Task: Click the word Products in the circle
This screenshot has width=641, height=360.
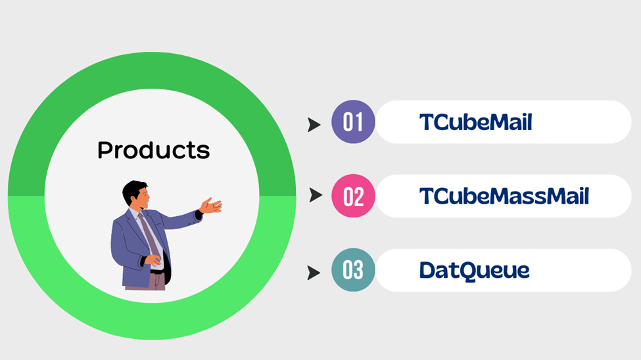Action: pos(154,150)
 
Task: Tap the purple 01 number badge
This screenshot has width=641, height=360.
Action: pos(353,122)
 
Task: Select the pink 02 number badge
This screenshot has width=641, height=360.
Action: pos(353,196)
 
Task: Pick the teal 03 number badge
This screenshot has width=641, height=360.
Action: pos(353,270)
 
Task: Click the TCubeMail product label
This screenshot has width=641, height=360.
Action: pos(476,122)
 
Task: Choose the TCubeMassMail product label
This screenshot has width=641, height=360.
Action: pos(504,196)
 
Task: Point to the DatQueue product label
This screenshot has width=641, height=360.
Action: pos(474,271)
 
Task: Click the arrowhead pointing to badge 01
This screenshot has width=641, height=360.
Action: pos(314,125)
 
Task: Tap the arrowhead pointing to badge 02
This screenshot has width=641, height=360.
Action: pos(316,195)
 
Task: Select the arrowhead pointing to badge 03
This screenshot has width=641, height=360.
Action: pos(314,273)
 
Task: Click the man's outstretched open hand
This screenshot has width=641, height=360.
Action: pos(211,206)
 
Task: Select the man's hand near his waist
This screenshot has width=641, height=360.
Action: pos(153,259)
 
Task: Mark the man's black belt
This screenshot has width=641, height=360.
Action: pos(157,271)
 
